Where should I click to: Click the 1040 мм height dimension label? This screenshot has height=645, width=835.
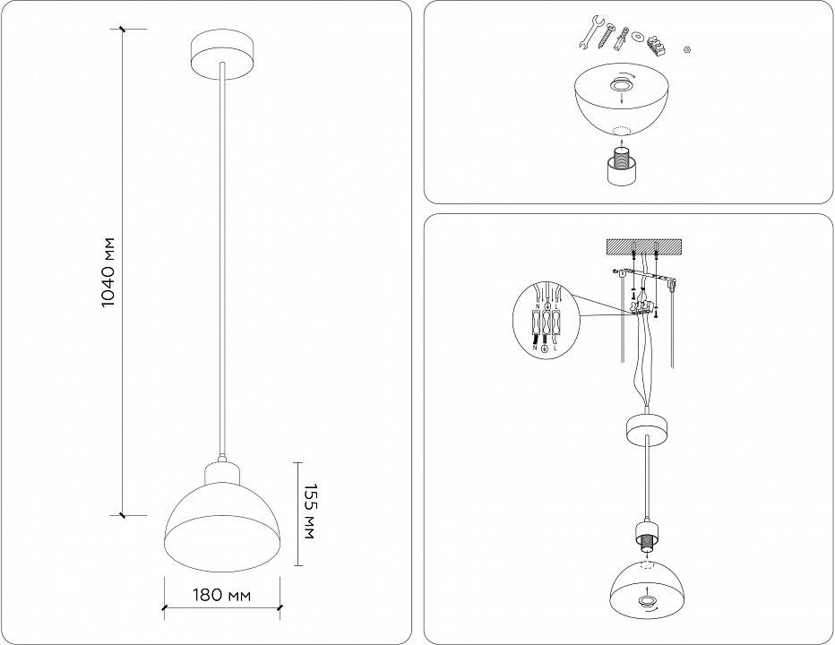[x=108, y=272]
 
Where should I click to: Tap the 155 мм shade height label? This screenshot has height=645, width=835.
[x=309, y=513]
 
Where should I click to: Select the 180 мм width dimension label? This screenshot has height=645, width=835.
[x=221, y=595]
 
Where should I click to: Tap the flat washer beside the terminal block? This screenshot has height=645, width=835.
[x=638, y=37]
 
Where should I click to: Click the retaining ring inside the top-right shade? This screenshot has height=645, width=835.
[x=618, y=85]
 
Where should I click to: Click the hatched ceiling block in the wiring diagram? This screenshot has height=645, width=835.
[x=645, y=245]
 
